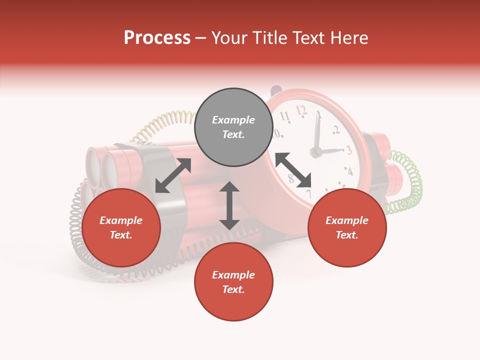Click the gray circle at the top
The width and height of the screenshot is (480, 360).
click(x=233, y=127)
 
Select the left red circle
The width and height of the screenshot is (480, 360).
click(x=121, y=227)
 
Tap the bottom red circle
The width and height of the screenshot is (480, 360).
click(x=233, y=282)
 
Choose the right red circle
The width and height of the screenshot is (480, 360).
click(x=347, y=227)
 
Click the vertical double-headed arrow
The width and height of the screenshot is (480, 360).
click(x=229, y=205)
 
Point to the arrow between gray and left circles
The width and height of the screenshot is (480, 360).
click(x=173, y=175)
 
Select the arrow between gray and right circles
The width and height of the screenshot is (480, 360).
click(x=293, y=170)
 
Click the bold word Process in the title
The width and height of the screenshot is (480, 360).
click(x=157, y=37)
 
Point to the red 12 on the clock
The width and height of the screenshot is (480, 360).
click(x=300, y=109)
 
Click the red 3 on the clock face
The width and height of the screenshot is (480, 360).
click(x=348, y=149)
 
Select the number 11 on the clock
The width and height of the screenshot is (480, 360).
click(x=284, y=117)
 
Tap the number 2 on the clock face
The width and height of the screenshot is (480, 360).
click(x=336, y=130)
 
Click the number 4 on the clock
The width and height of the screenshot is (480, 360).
click(x=349, y=171)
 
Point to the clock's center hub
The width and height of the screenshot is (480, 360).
click(x=316, y=151)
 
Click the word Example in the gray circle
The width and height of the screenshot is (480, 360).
click(x=233, y=120)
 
